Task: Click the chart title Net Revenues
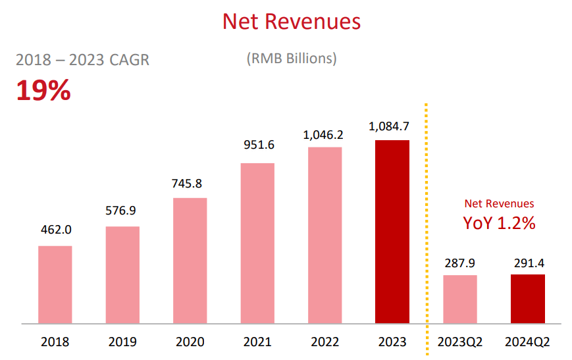pyautogui.click(x=292, y=21)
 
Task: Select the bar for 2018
pyautogui.click(x=55, y=284)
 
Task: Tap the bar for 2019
pyautogui.click(x=122, y=275)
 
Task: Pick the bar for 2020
pyautogui.click(x=190, y=261)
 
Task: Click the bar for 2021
pyautogui.click(x=257, y=244)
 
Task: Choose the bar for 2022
pyautogui.click(x=325, y=236)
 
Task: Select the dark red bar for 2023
pyautogui.click(x=392, y=232)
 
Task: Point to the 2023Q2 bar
pyautogui.click(x=459, y=299)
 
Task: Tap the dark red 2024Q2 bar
pyautogui.click(x=527, y=299)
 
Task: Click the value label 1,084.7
pyautogui.click(x=392, y=128)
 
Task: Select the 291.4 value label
pyautogui.click(x=527, y=263)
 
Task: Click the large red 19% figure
pyautogui.click(x=43, y=91)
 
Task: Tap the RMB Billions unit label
pyautogui.click(x=292, y=59)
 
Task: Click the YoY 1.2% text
pyautogui.click(x=499, y=223)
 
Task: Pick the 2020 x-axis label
pyautogui.click(x=190, y=342)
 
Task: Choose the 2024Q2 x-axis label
pyautogui.click(x=527, y=342)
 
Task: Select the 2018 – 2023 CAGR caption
pyautogui.click(x=82, y=60)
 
